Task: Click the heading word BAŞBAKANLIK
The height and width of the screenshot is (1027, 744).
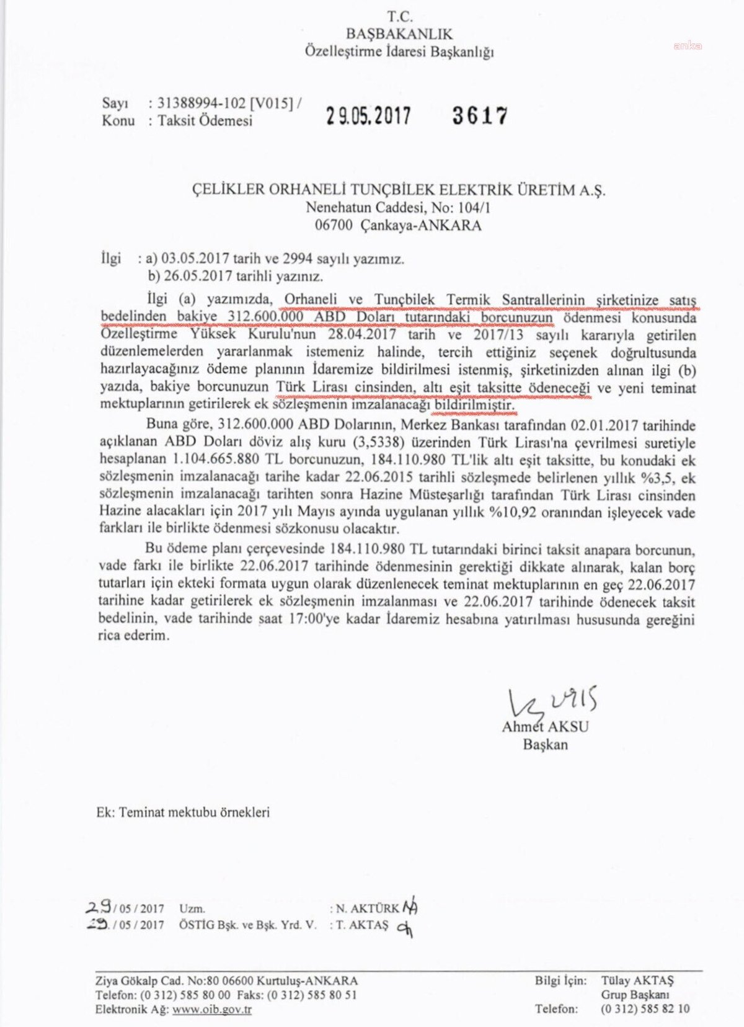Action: pyautogui.click(x=399, y=34)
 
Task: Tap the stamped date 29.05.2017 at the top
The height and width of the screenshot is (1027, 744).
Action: pyautogui.click(x=368, y=115)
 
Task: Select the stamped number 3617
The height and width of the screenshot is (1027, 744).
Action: pyautogui.click(x=480, y=115)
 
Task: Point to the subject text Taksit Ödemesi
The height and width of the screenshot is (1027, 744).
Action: pyautogui.click(x=205, y=120)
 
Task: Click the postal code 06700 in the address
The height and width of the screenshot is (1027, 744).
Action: pyautogui.click(x=334, y=225)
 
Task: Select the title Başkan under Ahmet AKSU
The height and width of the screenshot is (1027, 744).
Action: pyautogui.click(x=545, y=744)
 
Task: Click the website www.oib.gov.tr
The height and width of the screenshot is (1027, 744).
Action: pyautogui.click(x=212, y=1009)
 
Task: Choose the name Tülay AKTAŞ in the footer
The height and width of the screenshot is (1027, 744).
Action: pyautogui.click(x=637, y=980)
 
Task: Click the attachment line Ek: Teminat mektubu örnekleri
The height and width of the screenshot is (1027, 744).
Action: pyautogui.click(x=183, y=812)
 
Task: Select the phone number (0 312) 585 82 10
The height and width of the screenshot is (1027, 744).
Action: pyautogui.click(x=645, y=1009)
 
